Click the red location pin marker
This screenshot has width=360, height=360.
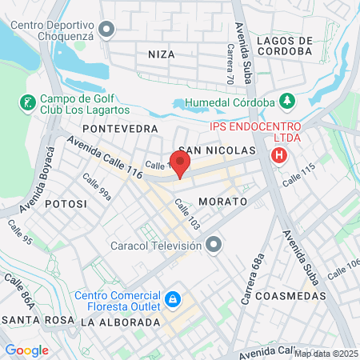click(181, 164)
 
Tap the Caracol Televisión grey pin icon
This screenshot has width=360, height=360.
click(213, 244)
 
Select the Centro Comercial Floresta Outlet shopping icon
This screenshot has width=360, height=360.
click(171, 299)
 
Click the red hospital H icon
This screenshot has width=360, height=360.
click(279, 154)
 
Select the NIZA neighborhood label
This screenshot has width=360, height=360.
click(161, 54)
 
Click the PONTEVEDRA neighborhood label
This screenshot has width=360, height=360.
click(120, 128)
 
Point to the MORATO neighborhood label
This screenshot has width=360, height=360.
click(219, 201)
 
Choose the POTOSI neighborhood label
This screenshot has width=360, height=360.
click(66, 204)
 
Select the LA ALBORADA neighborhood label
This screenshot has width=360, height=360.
click(120, 322)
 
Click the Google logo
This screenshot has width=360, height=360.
click(26, 350)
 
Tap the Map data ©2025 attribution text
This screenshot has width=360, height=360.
click(326, 354)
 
